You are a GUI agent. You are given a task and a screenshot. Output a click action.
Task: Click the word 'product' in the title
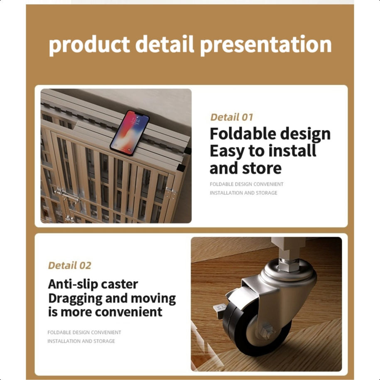click(x=89, y=45)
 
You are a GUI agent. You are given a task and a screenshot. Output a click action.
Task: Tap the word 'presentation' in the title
click(x=266, y=45)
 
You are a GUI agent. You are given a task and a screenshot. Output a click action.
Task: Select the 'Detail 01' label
click(x=231, y=117)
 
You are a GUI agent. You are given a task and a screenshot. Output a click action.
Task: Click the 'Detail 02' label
click(x=69, y=265)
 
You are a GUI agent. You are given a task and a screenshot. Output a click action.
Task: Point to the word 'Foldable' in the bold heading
click(x=243, y=134)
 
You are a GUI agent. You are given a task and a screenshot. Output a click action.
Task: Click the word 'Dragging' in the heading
click(x=74, y=299)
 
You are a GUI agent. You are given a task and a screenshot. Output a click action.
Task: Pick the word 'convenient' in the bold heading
click(x=129, y=312)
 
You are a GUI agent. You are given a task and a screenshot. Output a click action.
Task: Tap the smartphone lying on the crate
click(x=130, y=132)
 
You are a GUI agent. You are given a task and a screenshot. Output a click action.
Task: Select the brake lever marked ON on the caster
click(x=219, y=310)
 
